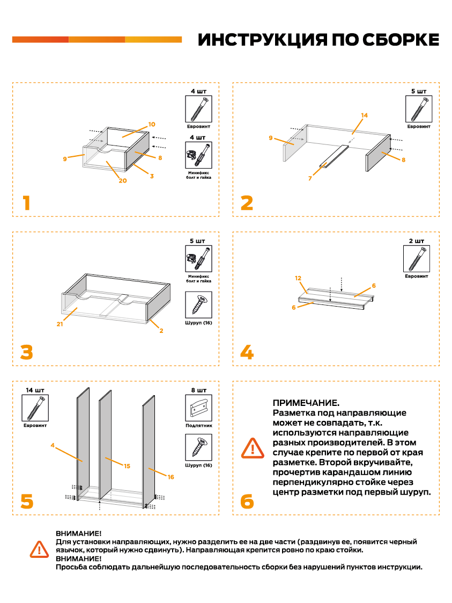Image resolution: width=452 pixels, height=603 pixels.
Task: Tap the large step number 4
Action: point(247,352)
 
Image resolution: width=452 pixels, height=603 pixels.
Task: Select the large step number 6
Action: point(247,502)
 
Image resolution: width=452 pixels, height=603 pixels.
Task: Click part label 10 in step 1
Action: point(152,124)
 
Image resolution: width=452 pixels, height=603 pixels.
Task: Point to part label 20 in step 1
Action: point(123,180)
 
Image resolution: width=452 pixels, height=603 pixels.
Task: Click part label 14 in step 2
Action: point(365,115)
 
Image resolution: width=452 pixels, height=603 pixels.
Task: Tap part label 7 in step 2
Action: point(310,178)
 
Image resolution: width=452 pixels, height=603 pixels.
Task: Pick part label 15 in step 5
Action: point(127,466)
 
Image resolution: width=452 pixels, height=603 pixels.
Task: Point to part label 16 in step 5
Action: point(171,477)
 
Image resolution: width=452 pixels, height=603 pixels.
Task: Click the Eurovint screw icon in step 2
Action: point(418,110)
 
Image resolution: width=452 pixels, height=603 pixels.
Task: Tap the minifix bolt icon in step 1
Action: point(198,156)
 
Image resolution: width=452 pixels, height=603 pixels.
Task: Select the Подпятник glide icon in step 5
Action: point(198,408)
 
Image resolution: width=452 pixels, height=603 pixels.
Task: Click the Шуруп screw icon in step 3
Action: point(198,305)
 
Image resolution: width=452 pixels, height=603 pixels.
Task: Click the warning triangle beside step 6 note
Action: point(253,447)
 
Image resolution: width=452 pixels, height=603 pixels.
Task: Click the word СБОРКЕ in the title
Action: point(401,40)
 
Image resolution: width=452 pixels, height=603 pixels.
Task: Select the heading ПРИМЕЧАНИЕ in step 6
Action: point(306,403)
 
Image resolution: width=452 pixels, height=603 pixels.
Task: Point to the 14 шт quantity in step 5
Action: point(35,389)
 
